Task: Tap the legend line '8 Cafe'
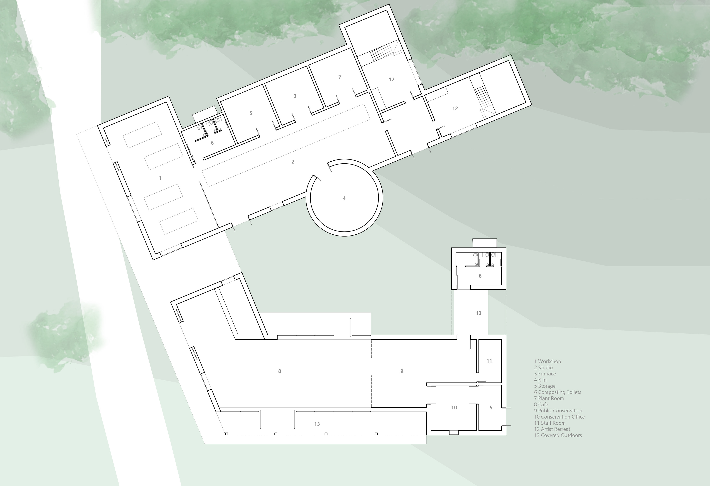point(541,404)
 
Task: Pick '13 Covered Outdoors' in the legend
point(558,435)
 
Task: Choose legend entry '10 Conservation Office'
point(559,417)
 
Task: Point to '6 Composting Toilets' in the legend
point(557,392)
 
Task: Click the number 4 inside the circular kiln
point(344,198)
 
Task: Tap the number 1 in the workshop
point(160,178)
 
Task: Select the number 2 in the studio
point(293,162)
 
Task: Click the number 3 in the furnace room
point(295,96)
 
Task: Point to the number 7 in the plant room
point(340,77)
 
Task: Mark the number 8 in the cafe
point(280,371)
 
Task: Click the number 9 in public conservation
point(402,371)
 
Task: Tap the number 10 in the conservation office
point(454,407)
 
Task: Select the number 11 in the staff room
point(489,361)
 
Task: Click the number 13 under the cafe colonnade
point(317,424)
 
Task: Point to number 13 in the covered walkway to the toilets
point(479,313)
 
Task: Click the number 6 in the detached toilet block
point(480,276)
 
